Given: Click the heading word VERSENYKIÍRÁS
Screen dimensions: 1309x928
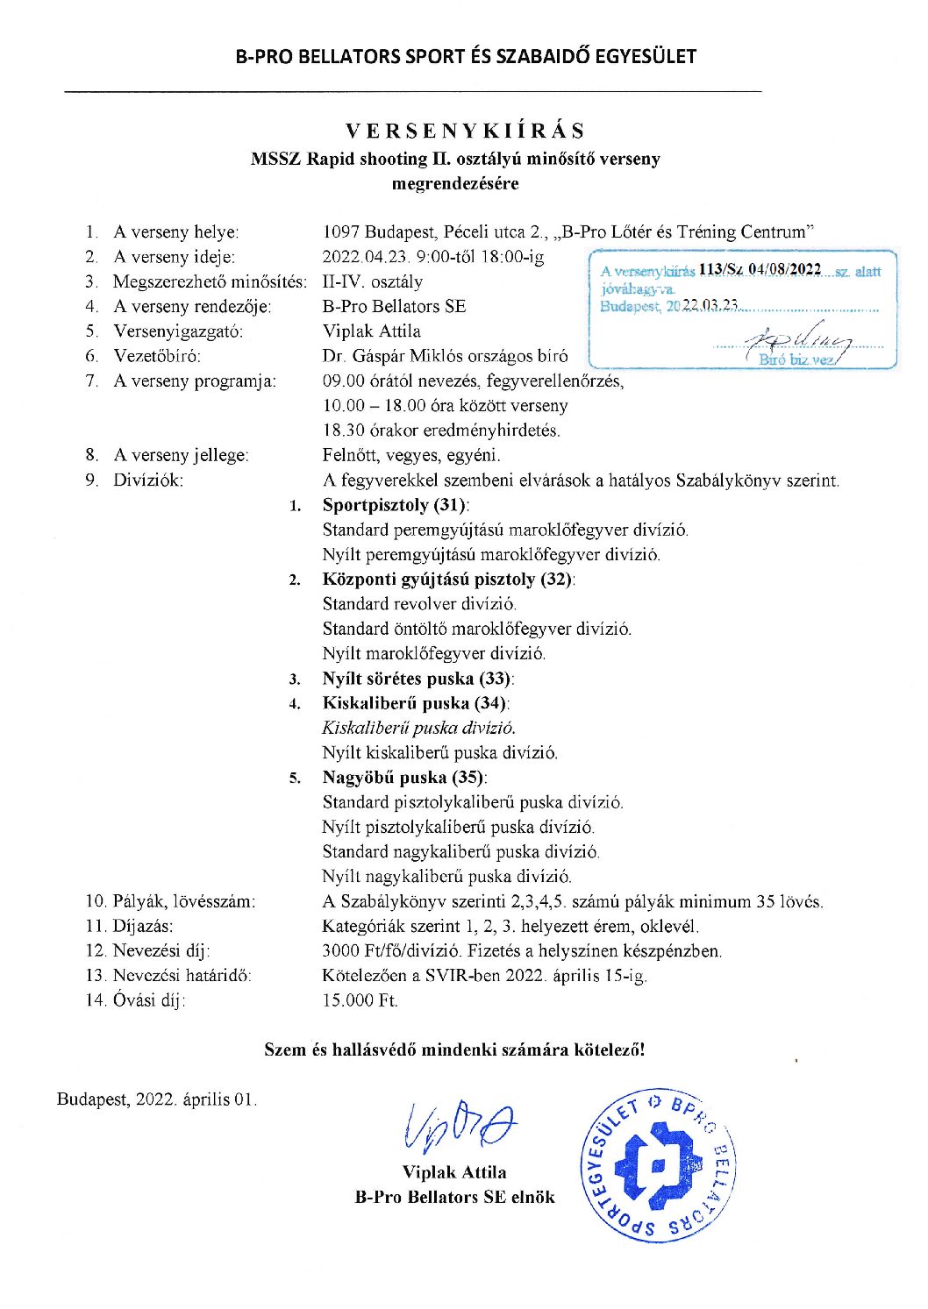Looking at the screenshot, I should click(465, 132).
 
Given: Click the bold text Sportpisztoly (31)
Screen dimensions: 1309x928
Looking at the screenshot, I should click(395, 505).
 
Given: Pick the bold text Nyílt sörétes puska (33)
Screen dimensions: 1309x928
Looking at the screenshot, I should click(418, 679).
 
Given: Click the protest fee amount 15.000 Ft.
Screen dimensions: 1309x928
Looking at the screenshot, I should click(360, 1000).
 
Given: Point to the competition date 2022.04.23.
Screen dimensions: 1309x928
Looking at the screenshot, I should click(358, 258).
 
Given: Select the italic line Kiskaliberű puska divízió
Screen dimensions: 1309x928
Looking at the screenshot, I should click(418, 728).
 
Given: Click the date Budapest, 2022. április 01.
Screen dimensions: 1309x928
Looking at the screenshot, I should click(157, 1099).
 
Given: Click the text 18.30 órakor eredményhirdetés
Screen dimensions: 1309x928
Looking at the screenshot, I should click(441, 430).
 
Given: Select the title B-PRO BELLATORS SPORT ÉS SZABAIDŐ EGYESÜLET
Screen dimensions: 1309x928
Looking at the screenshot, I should click(465, 57).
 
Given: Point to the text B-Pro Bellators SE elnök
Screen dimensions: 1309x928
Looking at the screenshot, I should click(454, 1197).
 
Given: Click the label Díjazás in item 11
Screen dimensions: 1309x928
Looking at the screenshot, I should click(143, 927).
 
